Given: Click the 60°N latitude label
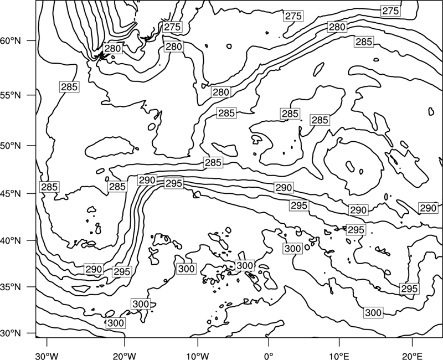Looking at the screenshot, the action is [x=11, y=41].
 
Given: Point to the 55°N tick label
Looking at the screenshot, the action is [x=11, y=95].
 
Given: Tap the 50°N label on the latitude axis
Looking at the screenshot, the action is [x=11, y=146].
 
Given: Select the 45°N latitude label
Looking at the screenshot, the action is [x=11, y=193].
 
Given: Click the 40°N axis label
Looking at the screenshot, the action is [x=11, y=241].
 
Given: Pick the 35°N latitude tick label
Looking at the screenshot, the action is [x=11, y=287].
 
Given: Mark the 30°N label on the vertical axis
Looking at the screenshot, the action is [x=11, y=333].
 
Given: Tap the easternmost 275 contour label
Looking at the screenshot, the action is [x=390, y=11].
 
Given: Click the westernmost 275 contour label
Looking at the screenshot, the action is [x=172, y=27].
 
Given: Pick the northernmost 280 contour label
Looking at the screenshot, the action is [x=337, y=27].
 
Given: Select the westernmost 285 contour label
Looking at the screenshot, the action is [x=49, y=187].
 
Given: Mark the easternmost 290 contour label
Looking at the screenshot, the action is [x=428, y=208].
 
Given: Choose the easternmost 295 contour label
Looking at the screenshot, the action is [x=409, y=289].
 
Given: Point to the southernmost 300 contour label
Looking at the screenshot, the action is [x=116, y=323].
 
